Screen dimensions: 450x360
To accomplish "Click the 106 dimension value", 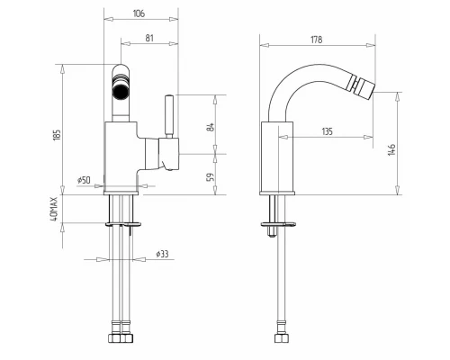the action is point(139,13).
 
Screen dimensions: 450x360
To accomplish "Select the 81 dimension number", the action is point(149,38).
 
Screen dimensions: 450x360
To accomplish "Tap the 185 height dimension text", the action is point(57,134).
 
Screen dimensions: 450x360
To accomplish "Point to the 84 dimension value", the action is point(211,127).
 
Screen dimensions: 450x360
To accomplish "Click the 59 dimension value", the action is point(211,177).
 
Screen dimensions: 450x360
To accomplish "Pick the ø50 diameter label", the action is point(84,180).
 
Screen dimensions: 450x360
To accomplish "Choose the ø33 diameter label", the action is point(162,254).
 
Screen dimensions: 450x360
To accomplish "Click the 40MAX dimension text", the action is point(54,209).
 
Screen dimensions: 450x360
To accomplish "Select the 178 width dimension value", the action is point(317,40).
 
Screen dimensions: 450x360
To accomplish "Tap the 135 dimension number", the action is point(328,131).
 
